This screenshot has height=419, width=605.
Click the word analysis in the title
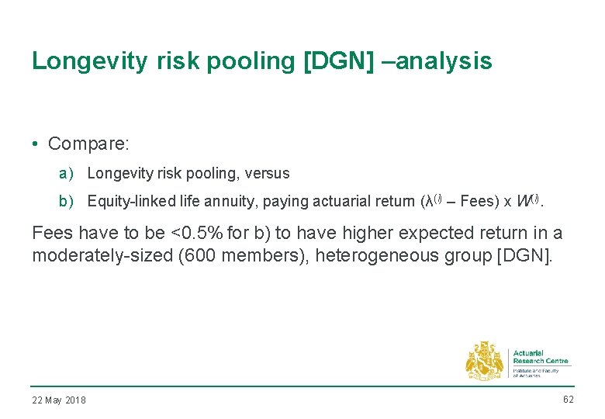click(447, 61)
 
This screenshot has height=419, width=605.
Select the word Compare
click(88, 144)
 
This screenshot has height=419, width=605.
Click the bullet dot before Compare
click(36, 144)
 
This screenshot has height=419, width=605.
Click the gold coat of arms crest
click(484, 361)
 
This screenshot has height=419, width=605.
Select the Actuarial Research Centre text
click(540, 357)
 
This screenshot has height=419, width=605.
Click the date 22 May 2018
click(59, 400)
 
